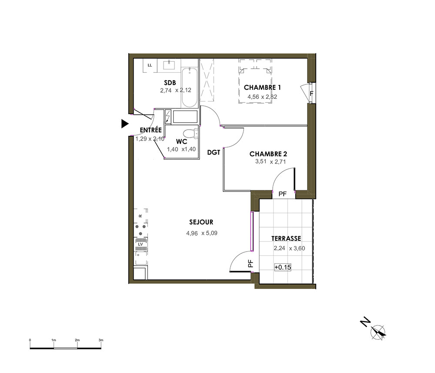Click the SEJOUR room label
201,222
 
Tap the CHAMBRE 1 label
262,87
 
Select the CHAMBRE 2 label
268,154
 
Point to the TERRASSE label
286,239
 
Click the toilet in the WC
191,134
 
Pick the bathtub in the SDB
190,87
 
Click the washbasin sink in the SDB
169,65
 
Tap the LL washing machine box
150,65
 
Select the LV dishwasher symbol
141,244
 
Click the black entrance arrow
125,124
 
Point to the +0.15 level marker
283,267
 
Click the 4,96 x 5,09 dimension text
202,233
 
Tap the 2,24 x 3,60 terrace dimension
289,248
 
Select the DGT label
214,152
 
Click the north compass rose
378,332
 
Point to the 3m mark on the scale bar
101,340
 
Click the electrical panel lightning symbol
167,117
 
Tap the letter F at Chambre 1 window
311,94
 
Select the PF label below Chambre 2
282,194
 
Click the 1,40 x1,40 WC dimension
181,149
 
